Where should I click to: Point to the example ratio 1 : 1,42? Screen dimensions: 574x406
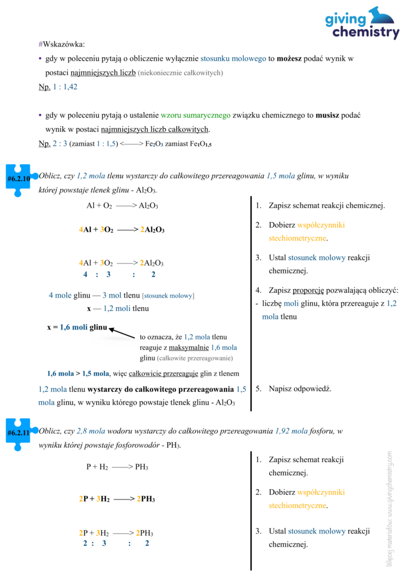point(65,87)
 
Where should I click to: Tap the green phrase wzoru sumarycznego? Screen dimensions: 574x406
point(195,115)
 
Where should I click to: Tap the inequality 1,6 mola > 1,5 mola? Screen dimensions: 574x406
point(79,373)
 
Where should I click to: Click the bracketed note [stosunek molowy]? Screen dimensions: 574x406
point(168,295)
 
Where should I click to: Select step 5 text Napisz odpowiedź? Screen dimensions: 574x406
point(300,388)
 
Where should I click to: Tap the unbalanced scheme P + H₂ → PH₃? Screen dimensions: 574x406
point(117,467)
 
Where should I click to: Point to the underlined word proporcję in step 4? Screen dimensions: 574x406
point(308,290)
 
